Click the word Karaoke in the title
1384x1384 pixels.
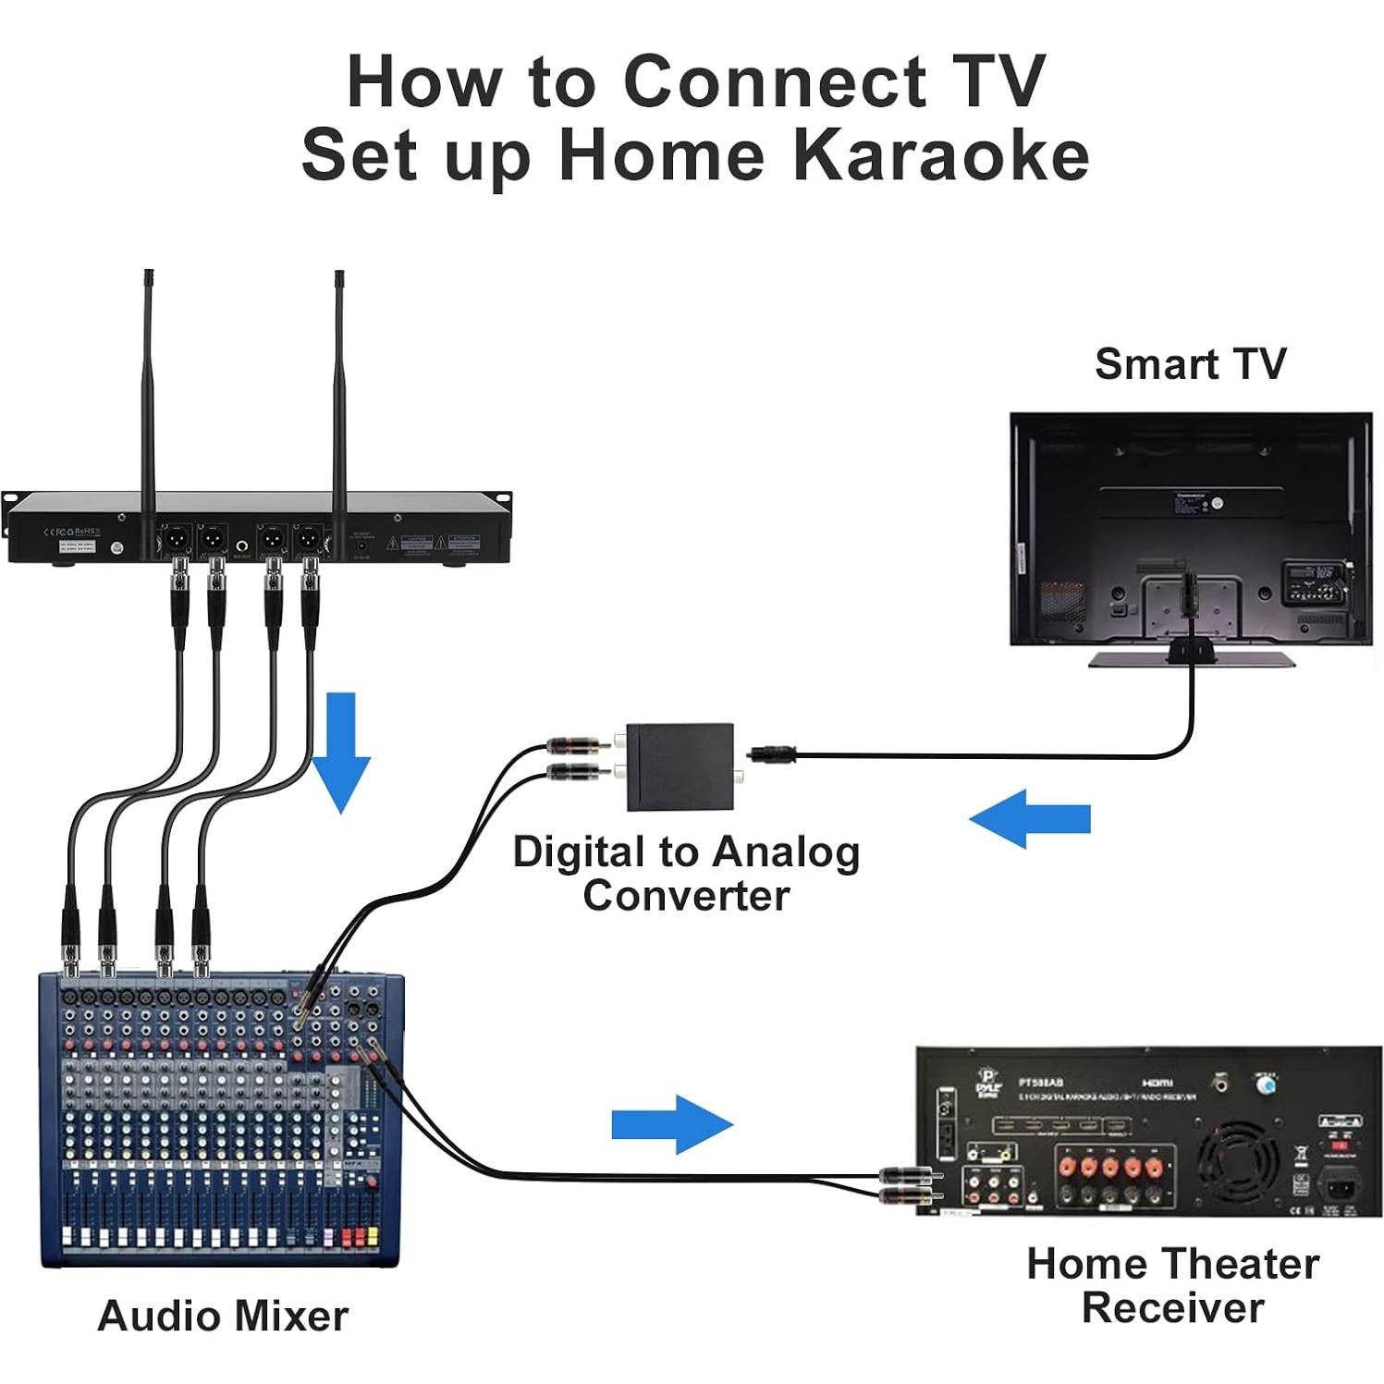click(941, 155)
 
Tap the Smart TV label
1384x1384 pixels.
click(1190, 363)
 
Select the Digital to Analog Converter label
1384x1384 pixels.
click(686, 874)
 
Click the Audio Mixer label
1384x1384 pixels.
click(223, 1316)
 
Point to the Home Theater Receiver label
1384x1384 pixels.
click(1172, 1285)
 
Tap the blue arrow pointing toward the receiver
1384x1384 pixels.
click(672, 1124)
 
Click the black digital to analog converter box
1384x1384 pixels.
click(680, 766)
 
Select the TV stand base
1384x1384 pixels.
click(1191, 658)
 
